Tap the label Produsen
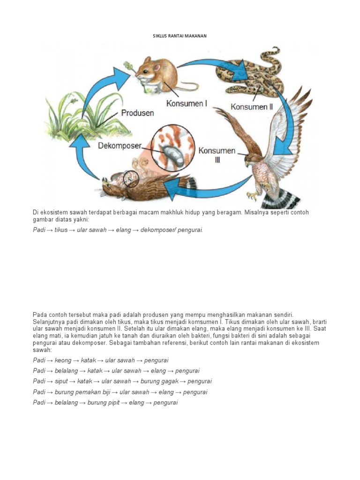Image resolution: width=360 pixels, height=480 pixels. (x=137, y=113)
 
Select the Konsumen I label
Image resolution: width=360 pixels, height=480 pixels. (x=187, y=103)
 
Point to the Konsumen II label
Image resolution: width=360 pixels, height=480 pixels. (x=252, y=107)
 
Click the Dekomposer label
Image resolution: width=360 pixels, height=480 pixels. (x=120, y=146)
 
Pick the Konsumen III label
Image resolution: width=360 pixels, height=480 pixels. (x=217, y=155)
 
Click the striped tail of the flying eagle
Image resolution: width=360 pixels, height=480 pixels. (x=279, y=199)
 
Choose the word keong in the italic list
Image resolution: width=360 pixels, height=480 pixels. (x=62, y=360)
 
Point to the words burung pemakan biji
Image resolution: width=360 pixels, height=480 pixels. (x=82, y=392)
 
